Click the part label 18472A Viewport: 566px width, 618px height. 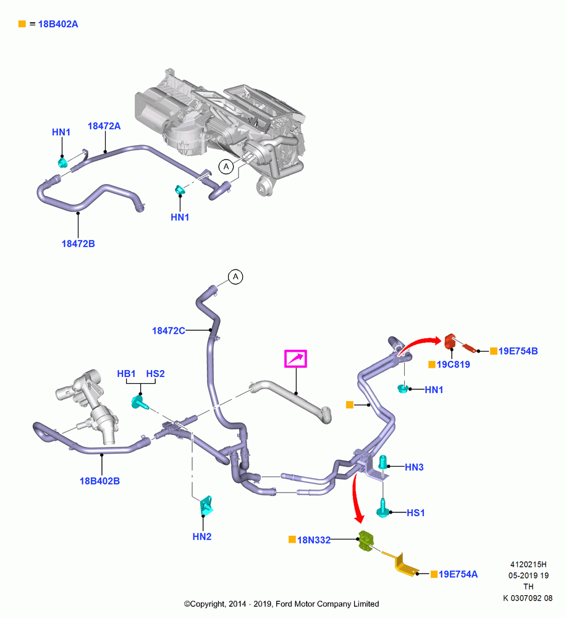pos(104,126)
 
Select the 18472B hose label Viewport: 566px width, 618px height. pos(78,243)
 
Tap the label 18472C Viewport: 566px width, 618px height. pos(168,331)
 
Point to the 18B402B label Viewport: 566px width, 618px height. pos(99,481)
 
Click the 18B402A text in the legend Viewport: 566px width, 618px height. pos(58,24)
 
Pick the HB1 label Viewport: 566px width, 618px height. pos(126,374)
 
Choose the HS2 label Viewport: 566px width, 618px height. pos(155,374)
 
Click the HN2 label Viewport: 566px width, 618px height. pos(202,536)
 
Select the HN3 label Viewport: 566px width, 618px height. pos(414,467)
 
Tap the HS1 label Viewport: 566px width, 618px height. pos(416,513)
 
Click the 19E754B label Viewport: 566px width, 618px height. pos(518,351)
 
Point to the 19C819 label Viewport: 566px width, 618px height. pos(454,365)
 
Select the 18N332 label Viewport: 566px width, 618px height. pos(314,540)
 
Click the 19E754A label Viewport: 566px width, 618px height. pos(458,574)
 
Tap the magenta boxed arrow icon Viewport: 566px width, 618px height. pos(295,358)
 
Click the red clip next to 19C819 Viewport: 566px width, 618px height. pos(450,341)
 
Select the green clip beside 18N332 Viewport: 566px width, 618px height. pos(366,541)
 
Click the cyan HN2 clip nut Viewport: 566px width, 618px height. pos(206,506)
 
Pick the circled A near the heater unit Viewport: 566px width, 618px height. pos(226,167)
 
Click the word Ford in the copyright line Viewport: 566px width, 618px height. pos(284,604)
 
